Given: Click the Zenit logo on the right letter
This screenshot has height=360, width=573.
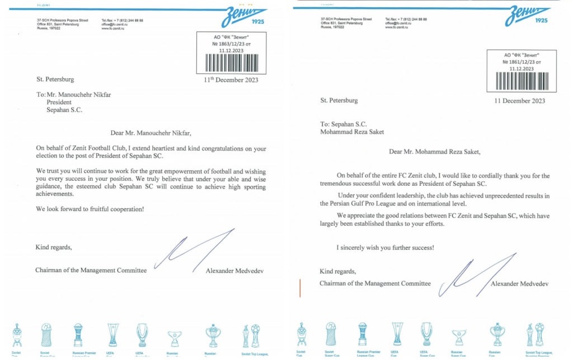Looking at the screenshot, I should (527, 16).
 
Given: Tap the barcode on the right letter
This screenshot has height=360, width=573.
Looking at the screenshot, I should (521, 80).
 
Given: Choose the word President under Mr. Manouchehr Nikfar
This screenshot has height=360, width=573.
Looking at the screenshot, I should (59, 102).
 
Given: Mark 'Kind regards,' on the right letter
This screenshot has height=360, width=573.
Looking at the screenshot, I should (337, 272).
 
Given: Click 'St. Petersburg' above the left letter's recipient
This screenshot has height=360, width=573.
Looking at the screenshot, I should (55, 80).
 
